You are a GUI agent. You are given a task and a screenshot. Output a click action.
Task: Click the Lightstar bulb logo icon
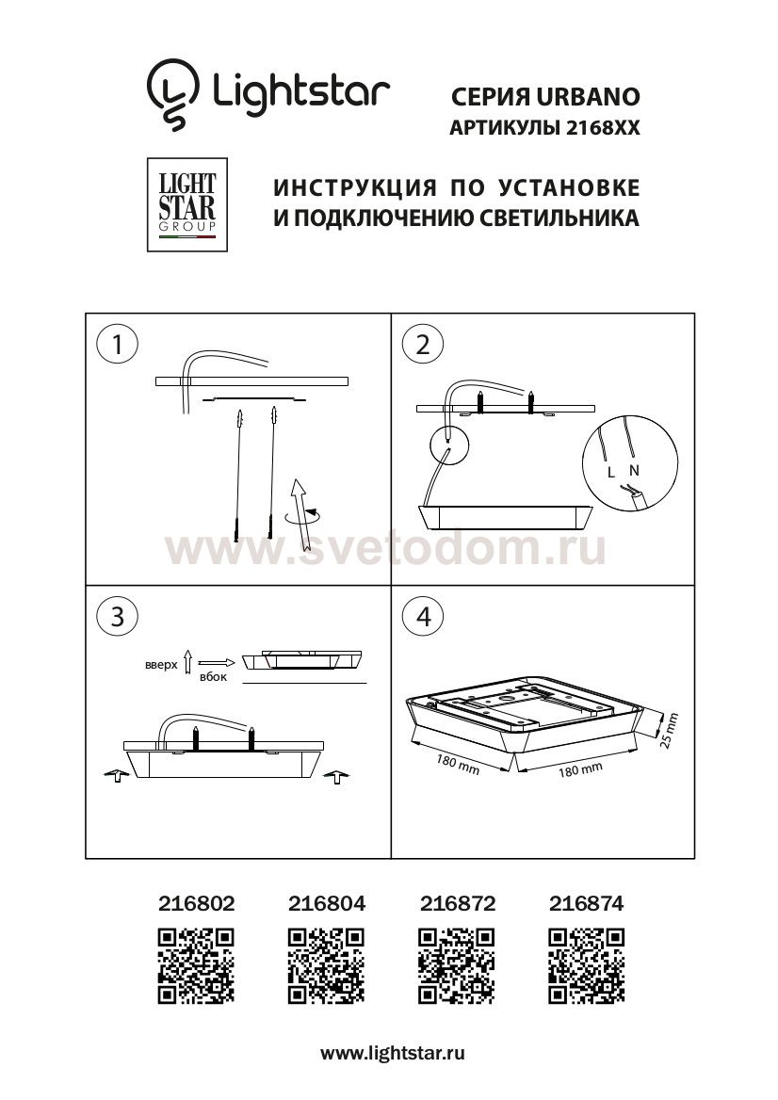[x=173, y=95]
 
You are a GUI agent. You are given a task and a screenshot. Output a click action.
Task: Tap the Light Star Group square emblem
[x=186, y=204]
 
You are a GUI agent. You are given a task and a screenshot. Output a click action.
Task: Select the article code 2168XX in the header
[x=603, y=130]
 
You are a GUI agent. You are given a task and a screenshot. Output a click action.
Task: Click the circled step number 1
[x=117, y=345]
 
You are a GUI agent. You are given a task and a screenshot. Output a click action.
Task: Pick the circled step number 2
[x=422, y=345]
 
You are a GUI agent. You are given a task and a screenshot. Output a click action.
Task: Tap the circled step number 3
[x=117, y=616]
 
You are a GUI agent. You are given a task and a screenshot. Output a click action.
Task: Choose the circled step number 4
[x=422, y=616]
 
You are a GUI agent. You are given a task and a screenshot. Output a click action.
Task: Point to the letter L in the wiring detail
[x=611, y=469]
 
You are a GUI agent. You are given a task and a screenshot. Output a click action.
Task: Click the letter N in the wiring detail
[x=633, y=469]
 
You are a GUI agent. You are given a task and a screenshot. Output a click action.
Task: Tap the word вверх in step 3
[x=161, y=665]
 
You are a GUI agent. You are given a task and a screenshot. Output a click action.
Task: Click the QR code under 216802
[x=195, y=964]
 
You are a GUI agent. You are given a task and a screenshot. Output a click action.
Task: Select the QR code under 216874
[x=586, y=964]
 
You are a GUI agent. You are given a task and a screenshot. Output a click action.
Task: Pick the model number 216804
[x=325, y=904]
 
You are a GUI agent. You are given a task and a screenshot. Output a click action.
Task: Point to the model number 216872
[x=456, y=904]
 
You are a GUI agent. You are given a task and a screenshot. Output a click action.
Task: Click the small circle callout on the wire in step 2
[x=448, y=444]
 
